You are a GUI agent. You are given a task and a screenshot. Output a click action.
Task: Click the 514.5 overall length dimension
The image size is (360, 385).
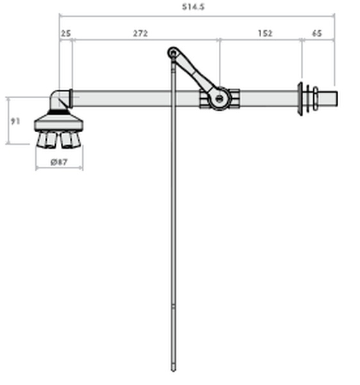coord(193,7)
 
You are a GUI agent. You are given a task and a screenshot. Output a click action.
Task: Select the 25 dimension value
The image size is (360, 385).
coord(66,33)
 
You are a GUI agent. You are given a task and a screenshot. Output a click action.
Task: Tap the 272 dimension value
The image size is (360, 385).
coord(141,33)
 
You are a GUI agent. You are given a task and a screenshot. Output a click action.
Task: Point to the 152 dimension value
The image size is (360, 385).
coord(265,33)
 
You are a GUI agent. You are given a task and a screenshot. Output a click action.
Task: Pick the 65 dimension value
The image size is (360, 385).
coord(317,33)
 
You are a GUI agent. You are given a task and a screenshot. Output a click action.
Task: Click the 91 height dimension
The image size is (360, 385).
coord(15,121)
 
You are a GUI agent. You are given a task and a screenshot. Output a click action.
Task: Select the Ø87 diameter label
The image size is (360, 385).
coord(59,162)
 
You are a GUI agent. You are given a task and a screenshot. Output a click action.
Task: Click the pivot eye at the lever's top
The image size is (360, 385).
coord(173,53)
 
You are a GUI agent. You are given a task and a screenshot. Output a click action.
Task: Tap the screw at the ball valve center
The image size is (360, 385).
coord(219,99)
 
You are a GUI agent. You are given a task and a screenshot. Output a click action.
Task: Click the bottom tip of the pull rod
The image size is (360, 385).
coord(173,370)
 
